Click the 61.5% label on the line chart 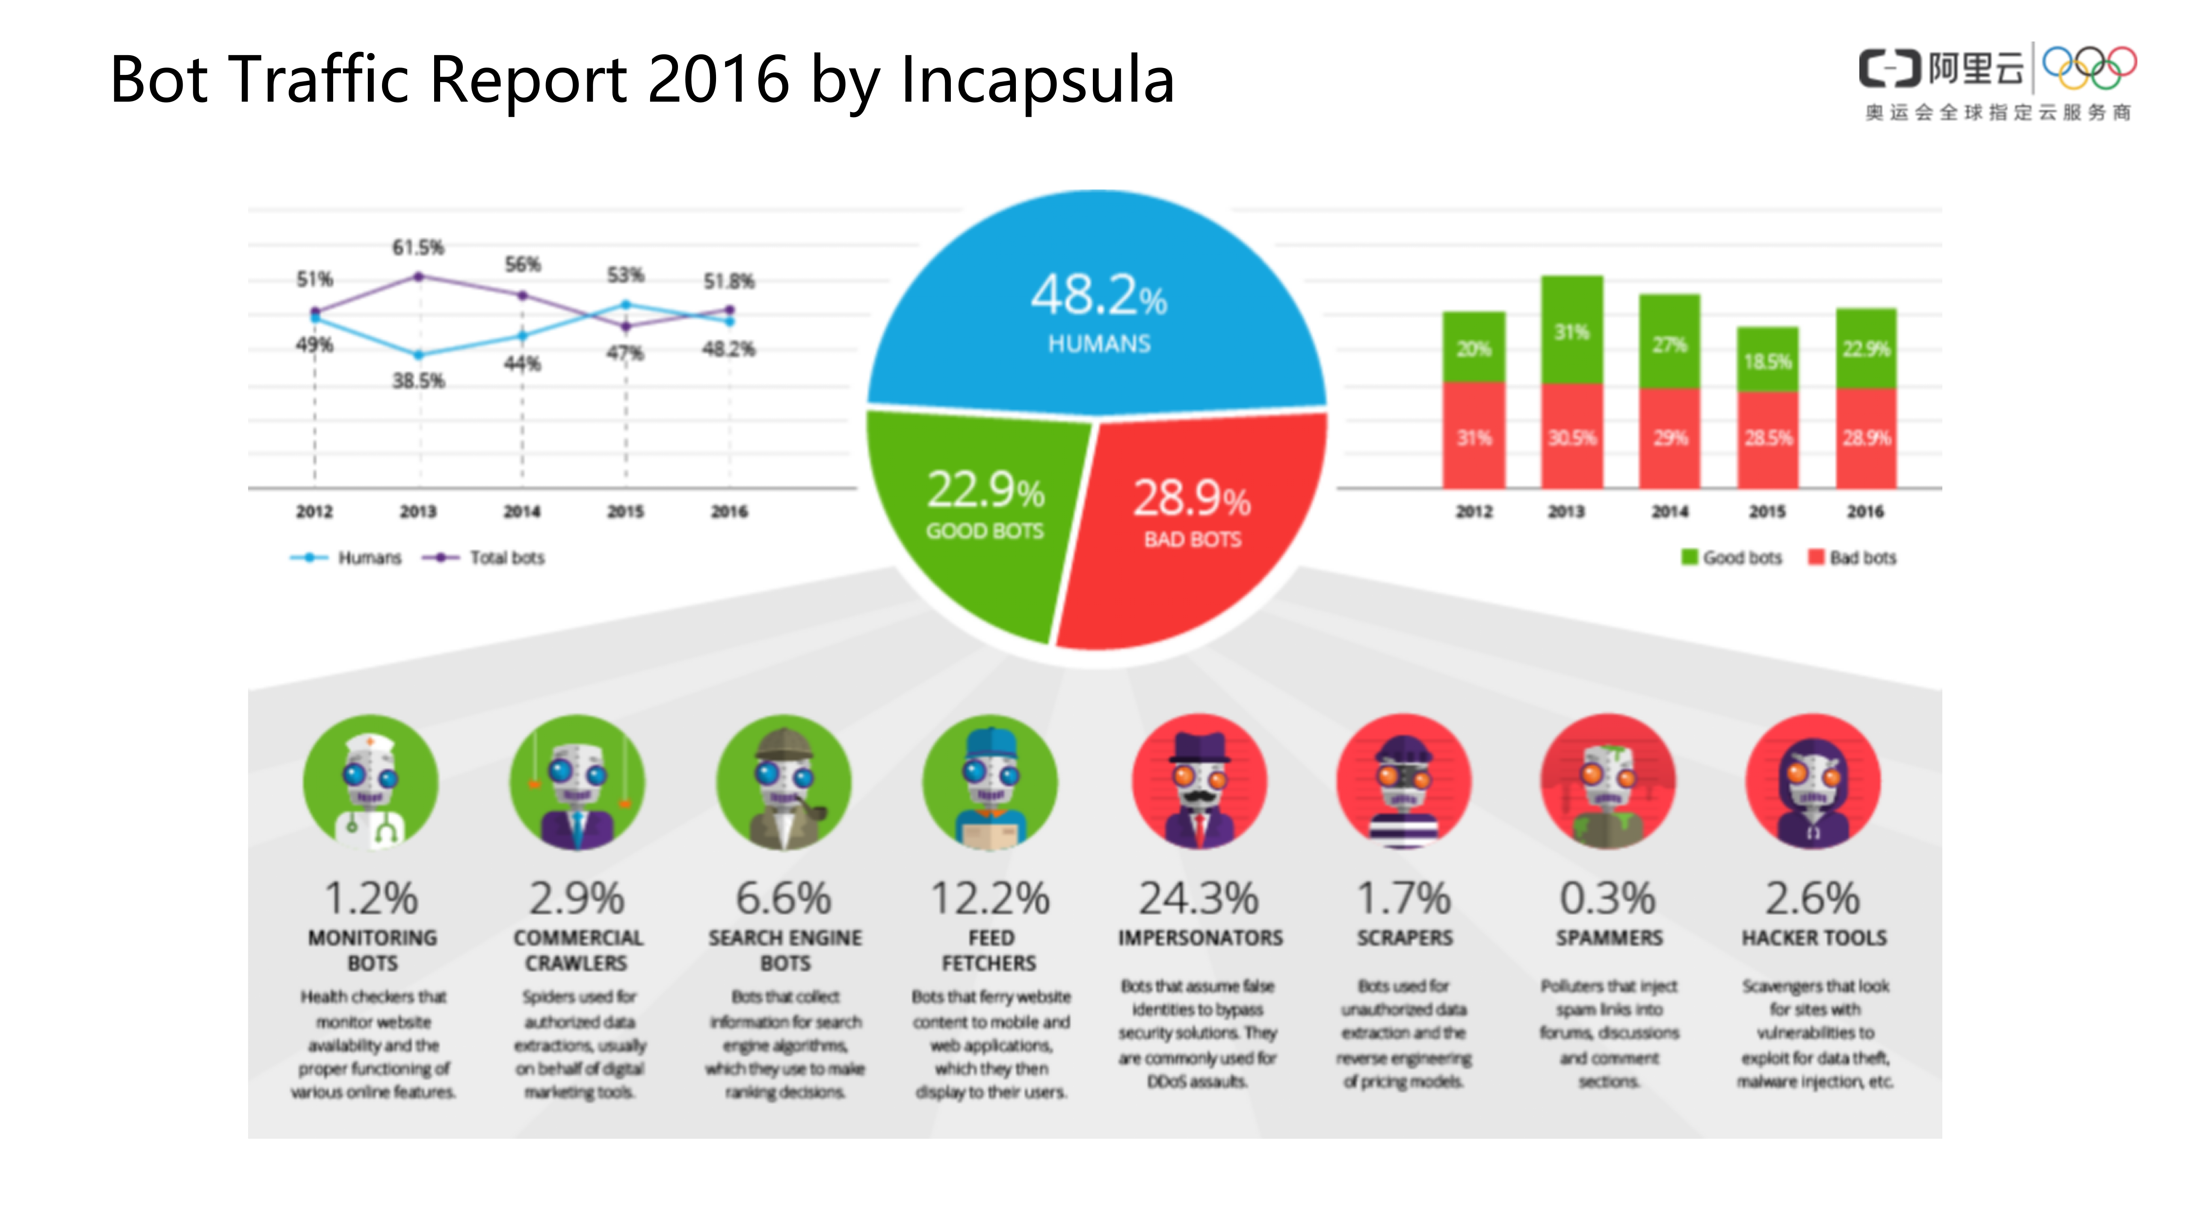point(417,247)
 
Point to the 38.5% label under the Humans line point(417,381)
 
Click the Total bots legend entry point(485,558)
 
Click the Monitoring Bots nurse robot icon point(371,782)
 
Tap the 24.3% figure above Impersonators point(1199,898)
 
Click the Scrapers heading point(1404,938)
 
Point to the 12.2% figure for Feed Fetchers point(991,898)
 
